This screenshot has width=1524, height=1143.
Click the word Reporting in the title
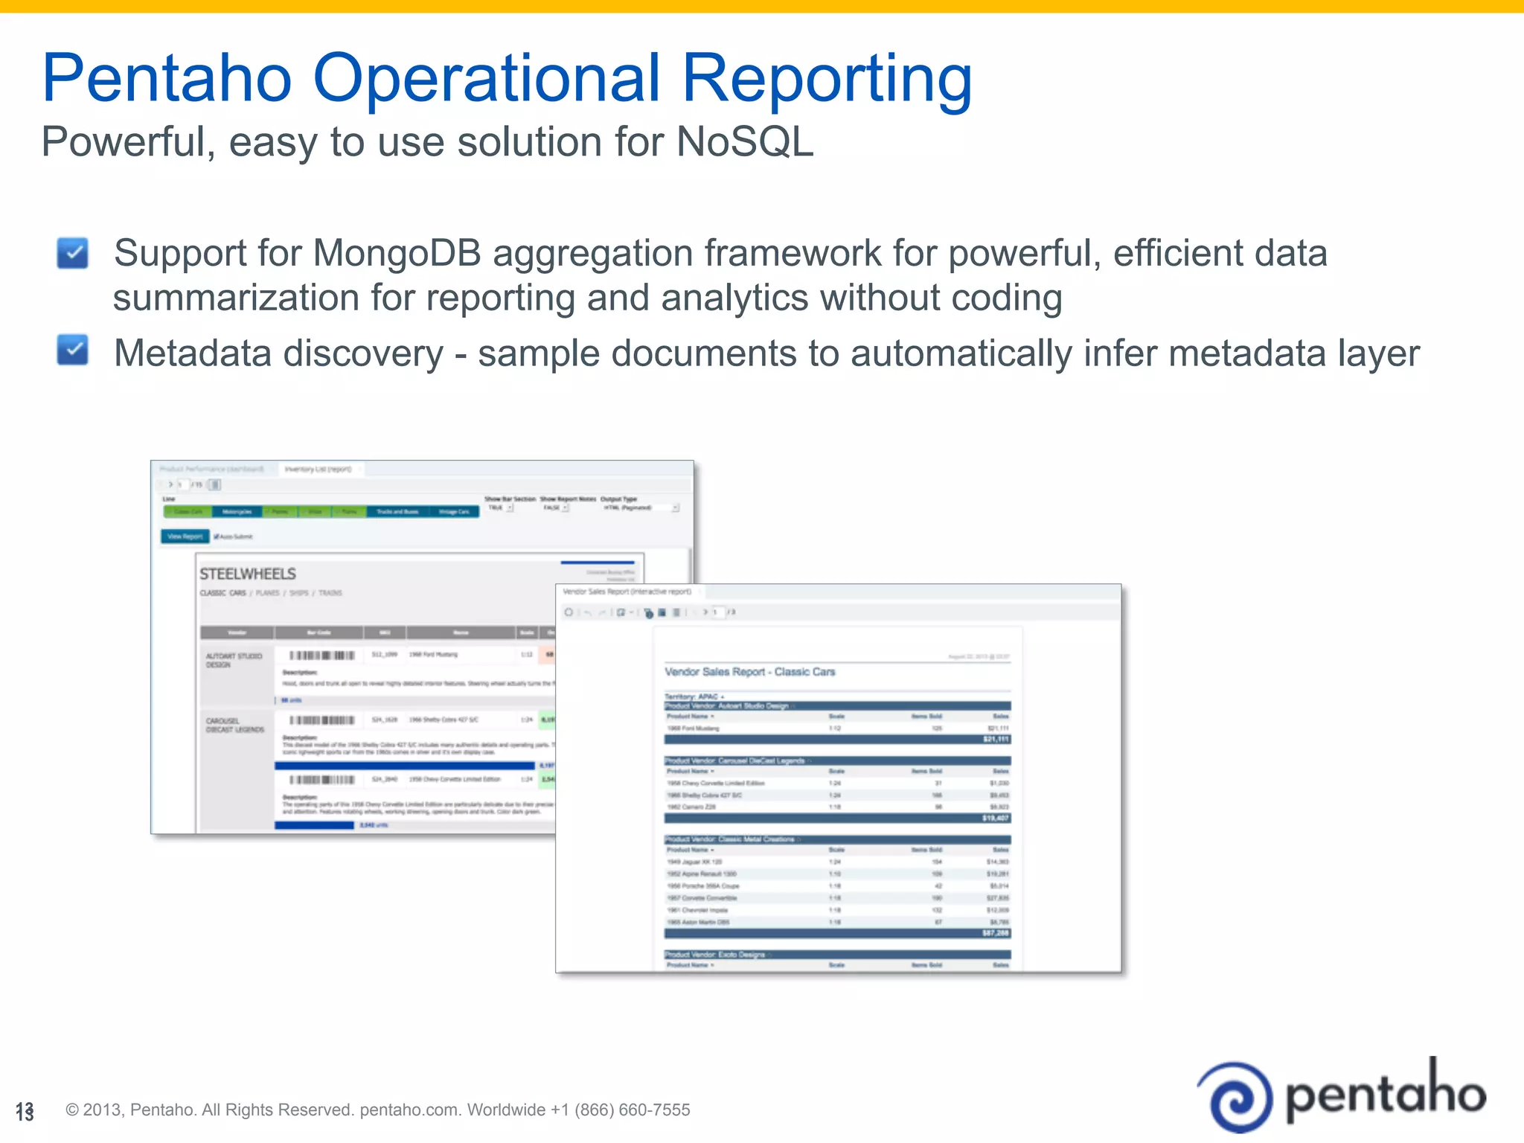tap(827, 79)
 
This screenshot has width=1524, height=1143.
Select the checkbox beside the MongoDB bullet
tap(73, 253)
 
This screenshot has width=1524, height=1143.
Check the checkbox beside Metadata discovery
tap(73, 350)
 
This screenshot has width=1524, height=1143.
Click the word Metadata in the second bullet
tap(193, 353)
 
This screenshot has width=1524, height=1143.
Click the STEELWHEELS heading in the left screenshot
tap(247, 574)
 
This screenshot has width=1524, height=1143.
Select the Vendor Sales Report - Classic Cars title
tap(749, 672)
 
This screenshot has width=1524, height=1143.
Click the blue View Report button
tap(185, 536)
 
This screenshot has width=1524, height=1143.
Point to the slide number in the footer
tap(25, 1112)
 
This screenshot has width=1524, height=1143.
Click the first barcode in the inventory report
tap(321, 655)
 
